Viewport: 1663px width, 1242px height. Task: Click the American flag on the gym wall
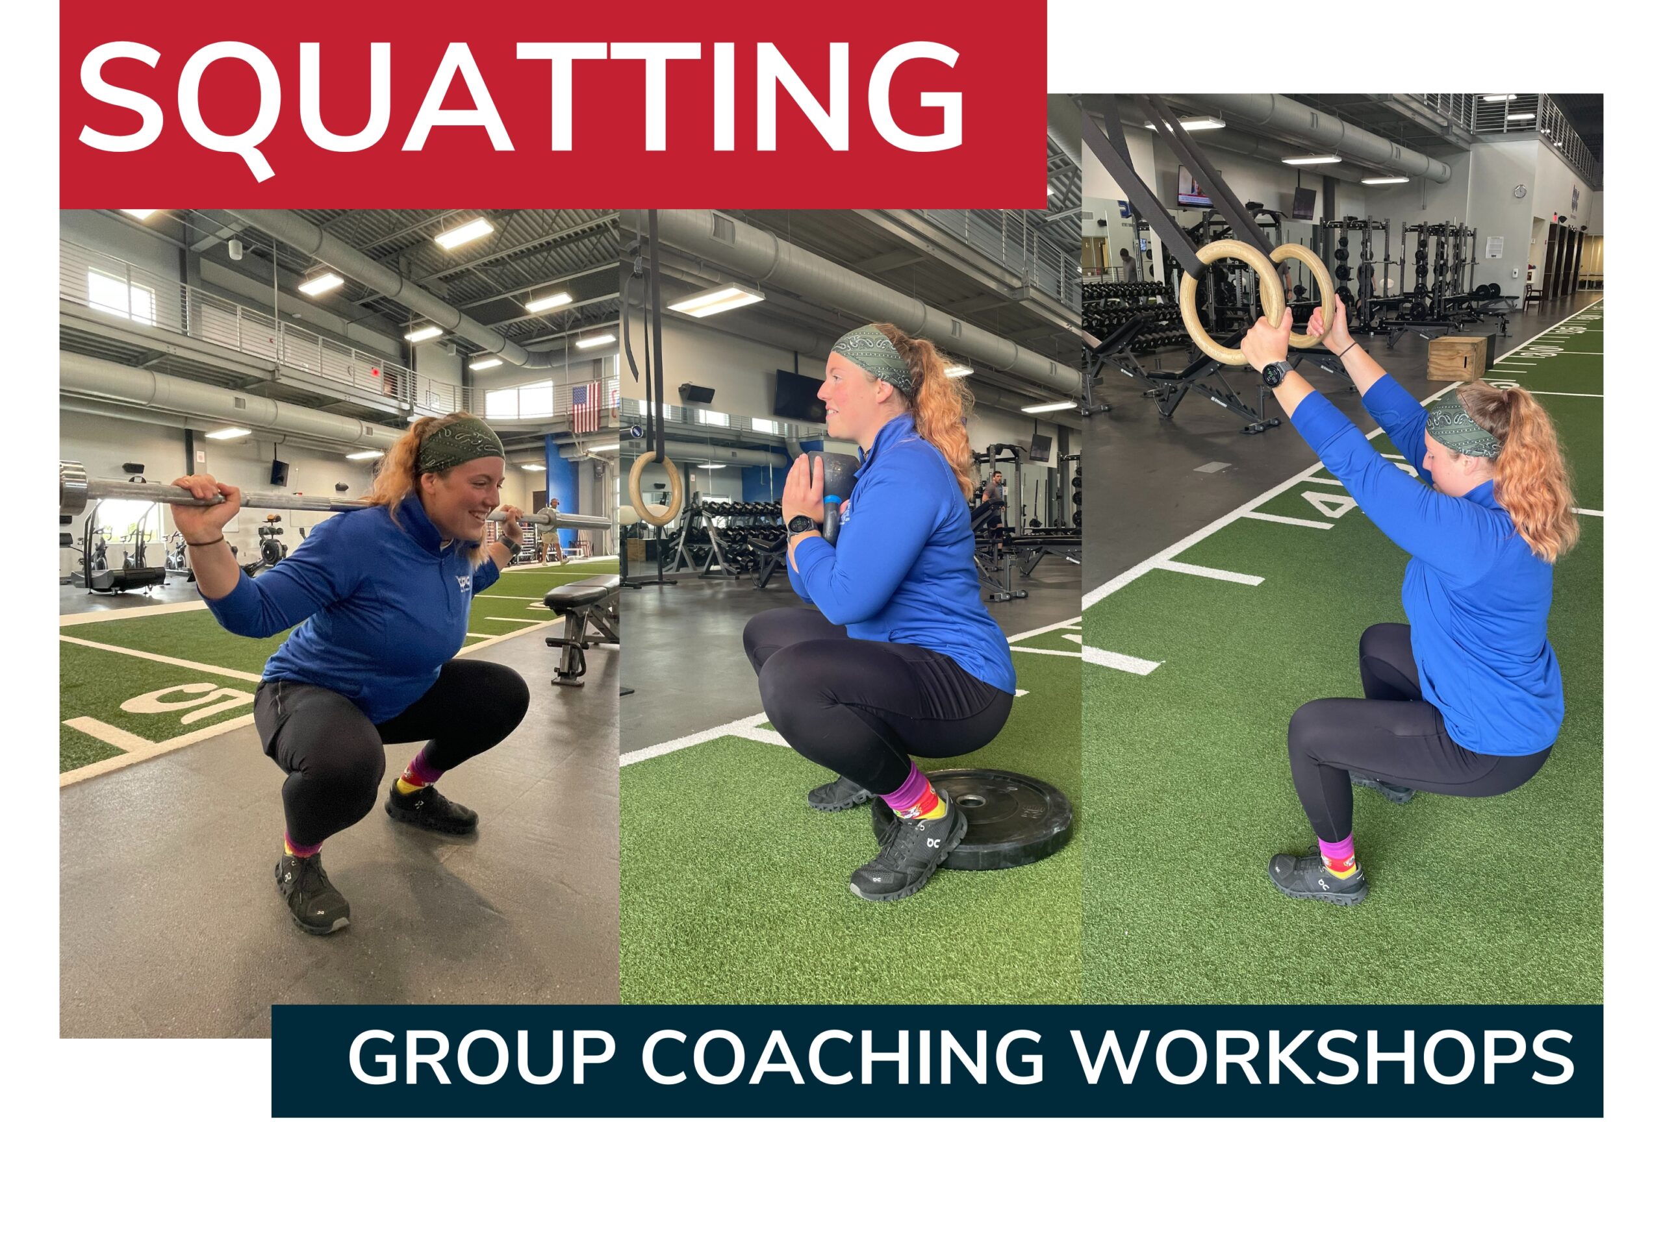[587, 406]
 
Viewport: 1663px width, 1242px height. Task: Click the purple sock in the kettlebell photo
[908, 798]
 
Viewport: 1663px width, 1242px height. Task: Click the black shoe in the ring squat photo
[1318, 878]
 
